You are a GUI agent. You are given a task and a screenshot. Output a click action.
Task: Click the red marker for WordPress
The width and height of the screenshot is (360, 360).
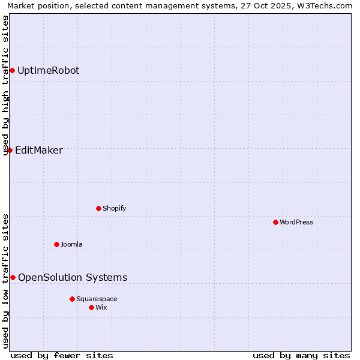coord(275,222)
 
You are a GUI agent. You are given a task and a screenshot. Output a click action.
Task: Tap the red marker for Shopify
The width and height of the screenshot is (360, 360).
coord(98,208)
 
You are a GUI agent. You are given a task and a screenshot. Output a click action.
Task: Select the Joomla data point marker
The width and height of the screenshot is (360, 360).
coord(56,244)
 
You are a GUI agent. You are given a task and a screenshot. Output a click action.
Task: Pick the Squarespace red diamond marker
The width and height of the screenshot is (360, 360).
coord(72,299)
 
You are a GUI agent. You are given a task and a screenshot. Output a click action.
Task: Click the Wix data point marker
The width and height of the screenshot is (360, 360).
coord(91,307)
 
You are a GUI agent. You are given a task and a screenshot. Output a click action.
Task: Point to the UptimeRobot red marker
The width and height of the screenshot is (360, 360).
coord(12,70)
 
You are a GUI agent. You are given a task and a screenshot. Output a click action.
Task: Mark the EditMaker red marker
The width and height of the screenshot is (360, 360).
coord(10,150)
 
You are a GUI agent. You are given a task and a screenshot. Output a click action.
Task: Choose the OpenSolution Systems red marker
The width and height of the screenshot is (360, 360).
coord(13,277)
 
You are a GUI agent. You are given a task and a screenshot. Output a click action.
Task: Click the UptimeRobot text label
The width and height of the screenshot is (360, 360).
coord(48,70)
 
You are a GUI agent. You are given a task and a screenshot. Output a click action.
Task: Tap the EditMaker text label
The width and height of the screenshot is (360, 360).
coord(38,150)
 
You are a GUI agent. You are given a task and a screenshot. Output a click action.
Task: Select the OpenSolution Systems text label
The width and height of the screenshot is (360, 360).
coord(73,277)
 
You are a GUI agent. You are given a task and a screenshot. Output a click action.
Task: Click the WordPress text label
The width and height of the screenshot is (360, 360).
coord(296,222)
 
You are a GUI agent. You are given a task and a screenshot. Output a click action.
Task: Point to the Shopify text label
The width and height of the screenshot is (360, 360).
coord(114,208)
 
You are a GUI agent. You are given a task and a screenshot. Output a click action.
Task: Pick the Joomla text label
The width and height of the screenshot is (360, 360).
coord(71,244)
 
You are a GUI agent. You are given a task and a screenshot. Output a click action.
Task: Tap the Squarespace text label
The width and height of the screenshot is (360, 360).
coord(97,299)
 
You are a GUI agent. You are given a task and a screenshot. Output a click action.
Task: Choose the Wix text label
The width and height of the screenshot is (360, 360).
coord(101,307)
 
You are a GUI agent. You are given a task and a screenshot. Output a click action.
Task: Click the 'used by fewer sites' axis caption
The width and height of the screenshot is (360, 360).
coord(62,355)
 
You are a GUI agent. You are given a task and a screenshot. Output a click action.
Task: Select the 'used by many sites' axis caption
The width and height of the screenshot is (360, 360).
coord(301,355)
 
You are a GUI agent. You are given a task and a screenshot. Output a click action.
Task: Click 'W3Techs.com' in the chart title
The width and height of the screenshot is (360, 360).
coord(326,6)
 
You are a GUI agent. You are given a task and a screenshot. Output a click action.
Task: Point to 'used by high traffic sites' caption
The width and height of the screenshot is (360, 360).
coord(6,85)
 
